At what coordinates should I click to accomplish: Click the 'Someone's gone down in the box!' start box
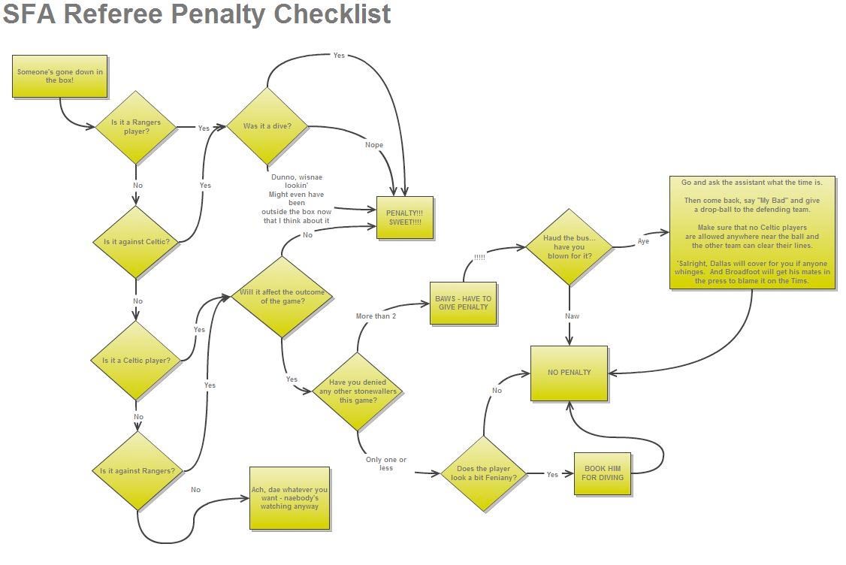(60, 76)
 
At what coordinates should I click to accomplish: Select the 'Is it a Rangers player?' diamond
(136, 127)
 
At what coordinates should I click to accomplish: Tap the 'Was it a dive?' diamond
(267, 126)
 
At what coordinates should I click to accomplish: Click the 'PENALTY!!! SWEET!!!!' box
(405, 217)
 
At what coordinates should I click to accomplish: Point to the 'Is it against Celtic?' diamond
(136, 242)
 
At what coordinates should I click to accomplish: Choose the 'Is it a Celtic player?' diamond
(136, 361)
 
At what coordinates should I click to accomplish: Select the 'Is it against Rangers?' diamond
(137, 471)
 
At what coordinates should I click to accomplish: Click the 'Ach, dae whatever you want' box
(290, 497)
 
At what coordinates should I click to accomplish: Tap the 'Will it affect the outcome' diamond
(282, 297)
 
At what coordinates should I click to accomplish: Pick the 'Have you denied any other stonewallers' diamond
(358, 391)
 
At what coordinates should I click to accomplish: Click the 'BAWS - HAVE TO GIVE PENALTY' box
(464, 303)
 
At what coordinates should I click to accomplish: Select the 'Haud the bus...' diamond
(569, 247)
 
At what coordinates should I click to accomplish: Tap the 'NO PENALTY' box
(569, 373)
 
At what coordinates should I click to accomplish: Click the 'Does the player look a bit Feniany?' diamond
(484, 473)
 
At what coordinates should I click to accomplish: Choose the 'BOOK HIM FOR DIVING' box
(603, 473)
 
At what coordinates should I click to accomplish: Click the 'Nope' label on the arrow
(374, 145)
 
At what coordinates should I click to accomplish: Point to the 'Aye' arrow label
(643, 241)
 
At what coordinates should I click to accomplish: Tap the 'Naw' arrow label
(573, 316)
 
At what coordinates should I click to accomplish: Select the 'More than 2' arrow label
(376, 316)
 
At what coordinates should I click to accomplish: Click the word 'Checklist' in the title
(333, 14)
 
